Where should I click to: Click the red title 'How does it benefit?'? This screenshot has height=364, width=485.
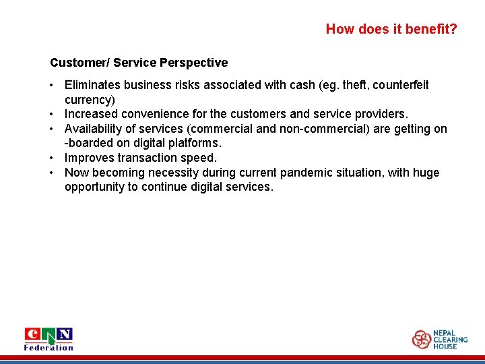[x=391, y=29]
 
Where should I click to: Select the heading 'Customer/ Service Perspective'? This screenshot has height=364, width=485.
[x=139, y=63]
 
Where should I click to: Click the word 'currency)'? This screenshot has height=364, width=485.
[x=90, y=99]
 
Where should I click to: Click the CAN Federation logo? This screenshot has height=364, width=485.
[x=48, y=338]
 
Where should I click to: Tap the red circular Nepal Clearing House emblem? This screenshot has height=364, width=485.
[x=422, y=339]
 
